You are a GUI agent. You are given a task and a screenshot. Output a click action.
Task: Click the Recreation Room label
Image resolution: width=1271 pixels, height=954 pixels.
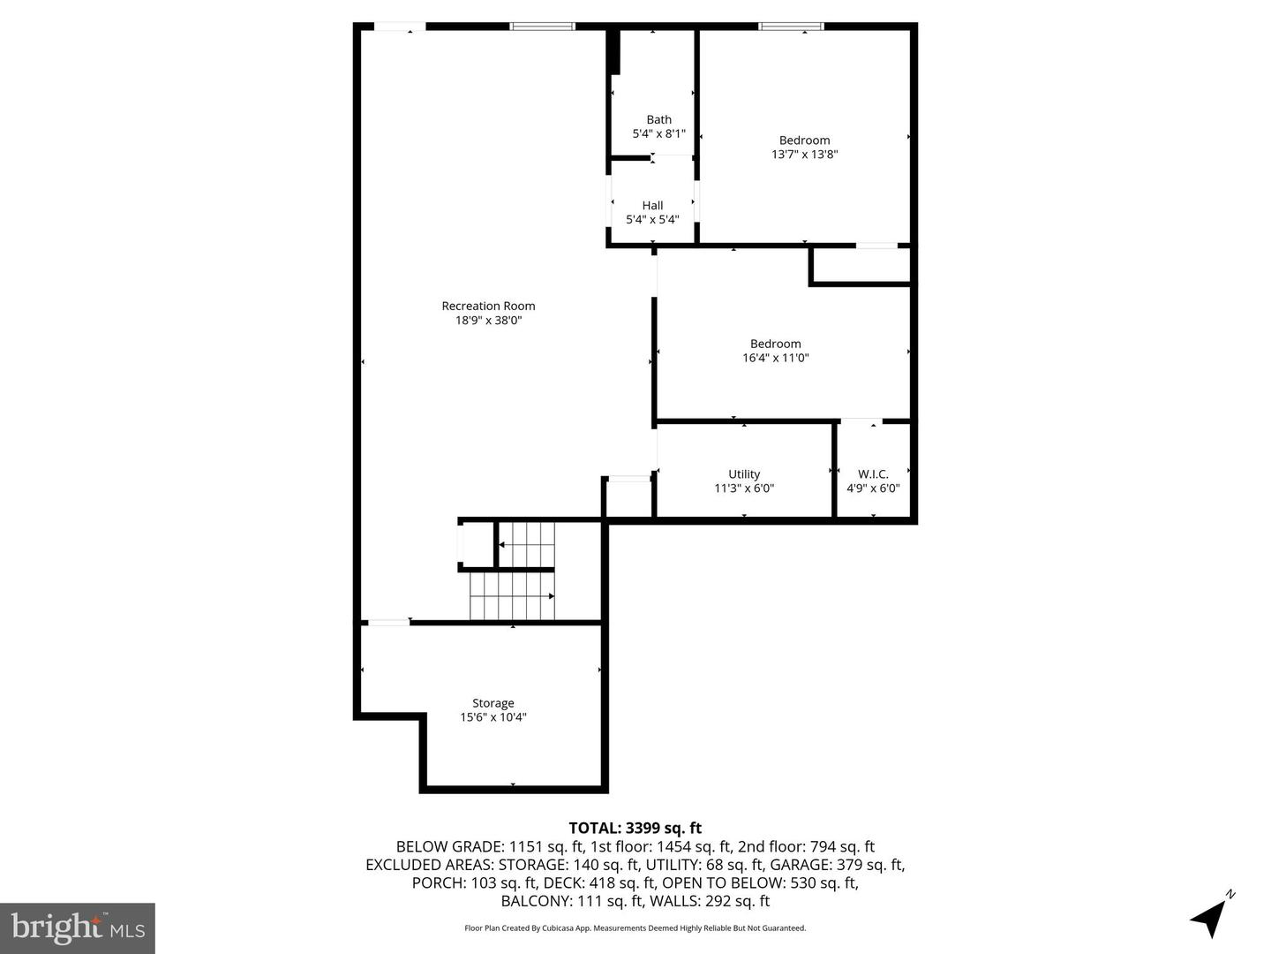(488, 306)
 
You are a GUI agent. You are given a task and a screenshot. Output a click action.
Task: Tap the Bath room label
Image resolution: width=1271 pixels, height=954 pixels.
(658, 119)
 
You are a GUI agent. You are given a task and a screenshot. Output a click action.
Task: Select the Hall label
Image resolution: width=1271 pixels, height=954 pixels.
(652, 205)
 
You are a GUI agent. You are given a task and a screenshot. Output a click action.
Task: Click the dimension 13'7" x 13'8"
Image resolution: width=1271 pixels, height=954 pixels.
(804, 154)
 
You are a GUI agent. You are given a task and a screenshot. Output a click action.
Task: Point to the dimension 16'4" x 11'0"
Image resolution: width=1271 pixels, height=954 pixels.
(775, 358)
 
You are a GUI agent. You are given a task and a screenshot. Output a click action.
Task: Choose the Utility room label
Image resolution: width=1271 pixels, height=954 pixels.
(744, 473)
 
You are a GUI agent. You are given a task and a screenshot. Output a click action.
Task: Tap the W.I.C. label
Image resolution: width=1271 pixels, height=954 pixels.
(873, 473)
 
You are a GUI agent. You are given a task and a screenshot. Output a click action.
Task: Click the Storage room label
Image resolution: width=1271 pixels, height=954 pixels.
(493, 703)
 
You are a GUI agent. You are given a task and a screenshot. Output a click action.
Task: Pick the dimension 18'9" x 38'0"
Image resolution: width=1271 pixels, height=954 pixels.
(488, 321)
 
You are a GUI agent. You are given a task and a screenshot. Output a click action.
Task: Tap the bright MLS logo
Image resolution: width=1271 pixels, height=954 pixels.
(78, 927)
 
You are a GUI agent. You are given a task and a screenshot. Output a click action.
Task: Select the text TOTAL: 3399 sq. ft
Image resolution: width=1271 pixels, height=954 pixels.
(635, 828)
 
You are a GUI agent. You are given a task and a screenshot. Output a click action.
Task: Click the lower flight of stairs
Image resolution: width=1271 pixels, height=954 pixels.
(512, 596)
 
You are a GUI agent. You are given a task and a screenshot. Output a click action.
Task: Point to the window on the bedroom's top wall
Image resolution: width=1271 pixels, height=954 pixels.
(792, 26)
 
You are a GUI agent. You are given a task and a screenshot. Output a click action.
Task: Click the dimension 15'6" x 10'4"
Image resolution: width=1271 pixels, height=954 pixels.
(493, 717)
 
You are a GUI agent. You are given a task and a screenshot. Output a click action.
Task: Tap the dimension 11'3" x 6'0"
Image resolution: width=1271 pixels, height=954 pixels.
(744, 488)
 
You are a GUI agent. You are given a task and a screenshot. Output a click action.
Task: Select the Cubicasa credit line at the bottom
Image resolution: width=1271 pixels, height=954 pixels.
(635, 928)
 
